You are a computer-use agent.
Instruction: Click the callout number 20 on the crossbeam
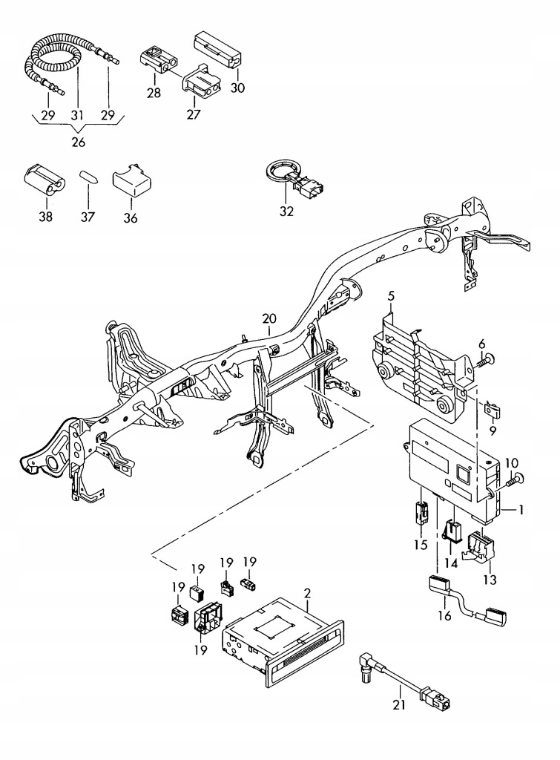pyautogui.click(x=269, y=319)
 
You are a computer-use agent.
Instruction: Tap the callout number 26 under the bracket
pyautogui.click(x=79, y=142)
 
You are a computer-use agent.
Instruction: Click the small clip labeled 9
pyautogui.click(x=493, y=407)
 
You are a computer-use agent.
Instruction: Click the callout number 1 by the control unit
pyautogui.click(x=521, y=511)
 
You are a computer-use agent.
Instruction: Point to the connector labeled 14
pyautogui.click(x=452, y=532)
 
